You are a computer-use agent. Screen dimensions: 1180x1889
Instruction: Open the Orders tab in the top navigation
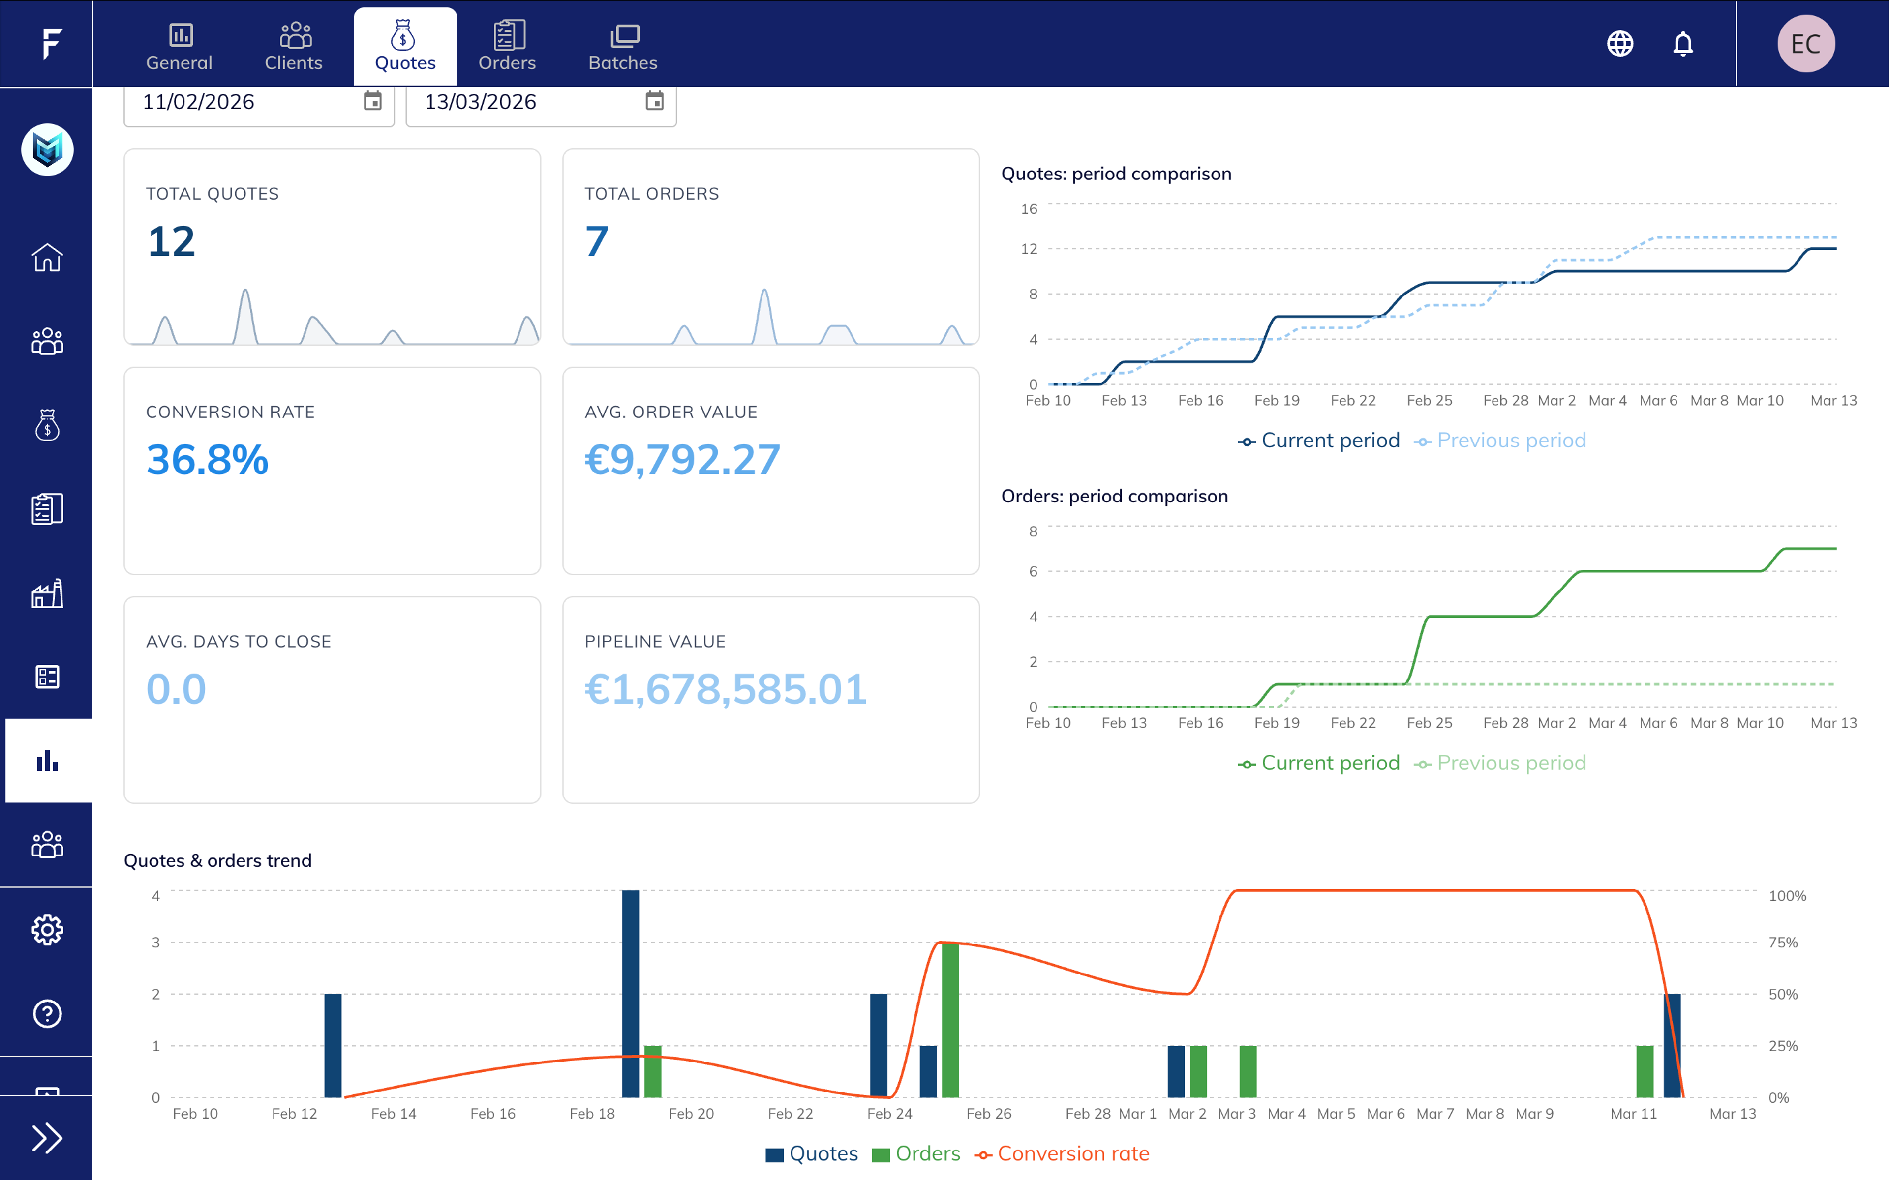pos(507,47)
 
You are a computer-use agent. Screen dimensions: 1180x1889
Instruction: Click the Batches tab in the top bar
pos(622,47)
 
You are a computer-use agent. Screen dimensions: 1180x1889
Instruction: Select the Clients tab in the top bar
pos(294,47)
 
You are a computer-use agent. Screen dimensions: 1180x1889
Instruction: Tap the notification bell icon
pos(1683,44)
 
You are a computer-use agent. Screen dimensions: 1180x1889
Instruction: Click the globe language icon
pos(1620,44)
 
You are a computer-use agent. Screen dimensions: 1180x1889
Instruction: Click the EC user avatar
pos(1805,44)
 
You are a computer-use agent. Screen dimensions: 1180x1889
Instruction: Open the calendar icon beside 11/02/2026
pos(372,101)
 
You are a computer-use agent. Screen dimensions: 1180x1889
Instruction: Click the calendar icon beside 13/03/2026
pos(654,101)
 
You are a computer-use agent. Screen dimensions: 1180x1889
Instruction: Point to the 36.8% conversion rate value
pos(208,460)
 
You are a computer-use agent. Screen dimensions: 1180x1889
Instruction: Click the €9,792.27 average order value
pos(682,460)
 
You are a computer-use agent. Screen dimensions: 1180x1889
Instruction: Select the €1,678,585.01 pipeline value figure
pos(725,689)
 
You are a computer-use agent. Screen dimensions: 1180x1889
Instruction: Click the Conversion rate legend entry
pos(1063,1153)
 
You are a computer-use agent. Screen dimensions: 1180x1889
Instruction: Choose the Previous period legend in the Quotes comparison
pos(1500,441)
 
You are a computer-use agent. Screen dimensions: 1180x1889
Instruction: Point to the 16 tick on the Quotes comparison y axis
pos(1029,209)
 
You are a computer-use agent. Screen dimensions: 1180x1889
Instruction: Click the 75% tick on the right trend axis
pos(1782,943)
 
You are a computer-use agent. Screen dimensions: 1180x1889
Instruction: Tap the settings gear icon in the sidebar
pos(47,929)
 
